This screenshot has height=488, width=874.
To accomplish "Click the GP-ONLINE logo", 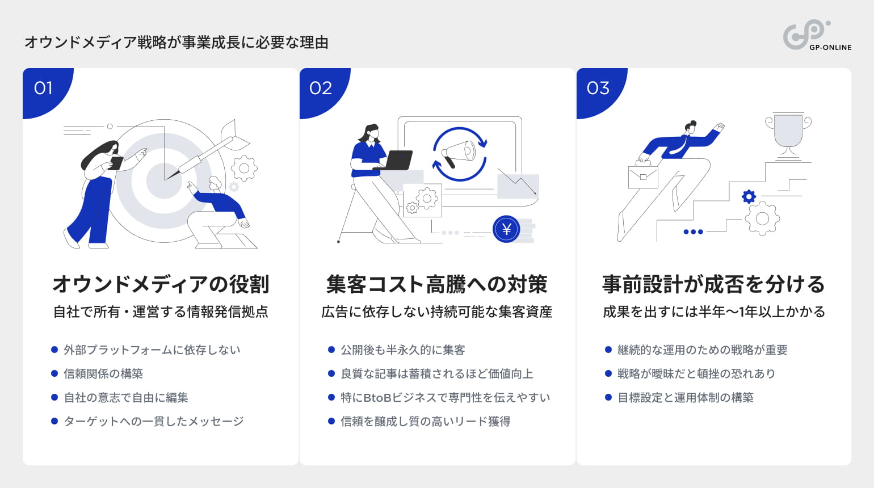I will (816, 36).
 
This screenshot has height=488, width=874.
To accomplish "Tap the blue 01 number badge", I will (44, 89).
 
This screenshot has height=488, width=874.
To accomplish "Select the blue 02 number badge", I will (321, 89).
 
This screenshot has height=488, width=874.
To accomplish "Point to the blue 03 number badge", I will (598, 89).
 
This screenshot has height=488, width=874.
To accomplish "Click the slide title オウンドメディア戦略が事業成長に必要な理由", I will (177, 43).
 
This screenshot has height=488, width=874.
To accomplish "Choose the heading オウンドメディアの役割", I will (161, 284).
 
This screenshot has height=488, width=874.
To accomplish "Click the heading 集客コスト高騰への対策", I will (437, 284).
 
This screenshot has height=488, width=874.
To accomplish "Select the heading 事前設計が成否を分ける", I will (713, 284).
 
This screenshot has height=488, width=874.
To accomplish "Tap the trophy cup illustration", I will (788, 133).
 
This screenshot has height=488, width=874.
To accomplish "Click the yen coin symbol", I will (506, 229).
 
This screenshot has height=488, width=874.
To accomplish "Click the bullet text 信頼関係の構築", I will (103, 374).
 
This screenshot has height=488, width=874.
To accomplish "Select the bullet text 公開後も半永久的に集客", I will (403, 350).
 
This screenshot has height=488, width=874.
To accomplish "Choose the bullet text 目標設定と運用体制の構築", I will (686, 398).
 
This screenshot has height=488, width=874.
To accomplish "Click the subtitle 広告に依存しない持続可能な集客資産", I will (437, 312).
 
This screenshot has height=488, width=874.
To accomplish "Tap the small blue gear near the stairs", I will (749, 196).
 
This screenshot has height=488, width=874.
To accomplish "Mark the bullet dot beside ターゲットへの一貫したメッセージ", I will (54, 421).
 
